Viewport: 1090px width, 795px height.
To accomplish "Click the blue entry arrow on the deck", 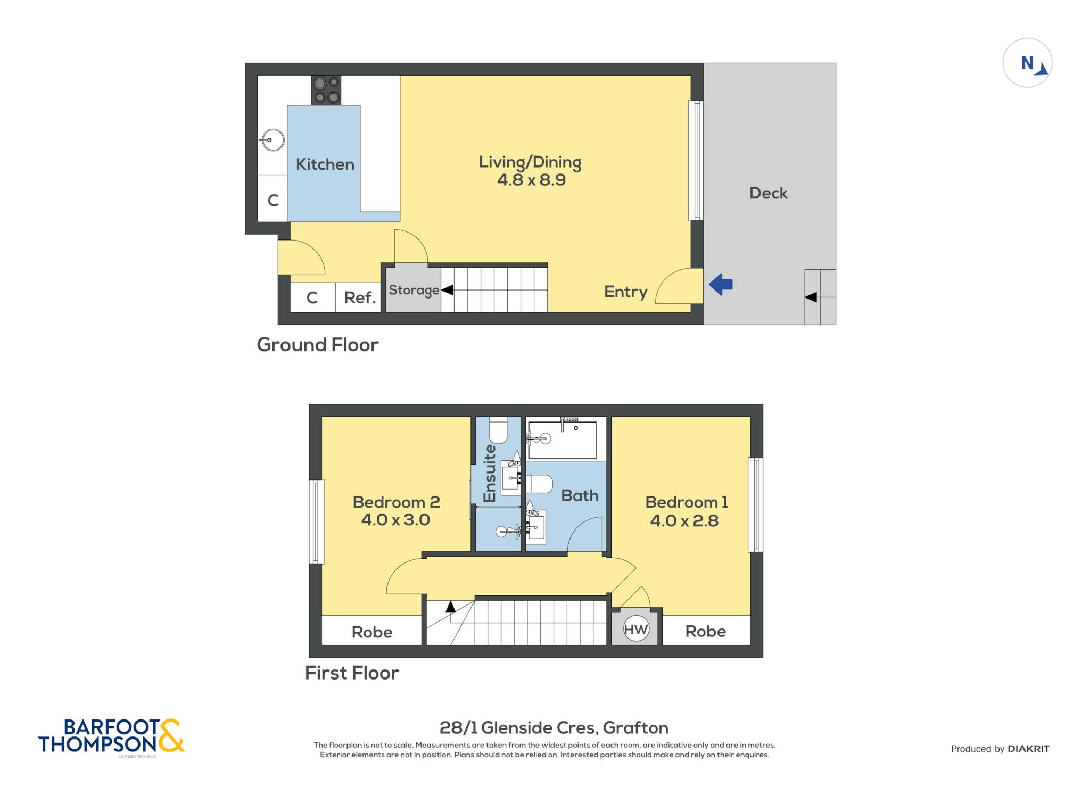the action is (721, 284).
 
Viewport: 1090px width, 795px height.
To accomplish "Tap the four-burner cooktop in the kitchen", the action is (326, 90).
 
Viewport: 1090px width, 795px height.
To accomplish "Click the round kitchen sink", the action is (272, 140).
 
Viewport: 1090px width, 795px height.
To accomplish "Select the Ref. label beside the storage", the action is (360, 297).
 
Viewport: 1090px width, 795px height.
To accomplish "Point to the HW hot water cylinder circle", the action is (636, 630).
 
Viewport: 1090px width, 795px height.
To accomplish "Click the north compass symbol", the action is (1027, 63).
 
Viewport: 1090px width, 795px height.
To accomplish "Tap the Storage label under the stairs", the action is (414, 290).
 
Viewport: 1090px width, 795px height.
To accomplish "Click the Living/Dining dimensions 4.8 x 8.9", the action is (531, 180).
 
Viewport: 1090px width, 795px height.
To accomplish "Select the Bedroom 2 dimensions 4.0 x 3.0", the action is (395, 519).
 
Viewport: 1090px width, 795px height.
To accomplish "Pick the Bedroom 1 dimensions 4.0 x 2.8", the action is (684, 520).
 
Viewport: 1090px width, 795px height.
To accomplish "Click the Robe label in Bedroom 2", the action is (372, 632).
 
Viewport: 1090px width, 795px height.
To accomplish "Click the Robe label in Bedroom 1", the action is (706, 631).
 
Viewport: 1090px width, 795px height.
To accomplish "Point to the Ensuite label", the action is (490, 474).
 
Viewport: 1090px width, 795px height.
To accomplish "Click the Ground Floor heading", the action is (318, 345).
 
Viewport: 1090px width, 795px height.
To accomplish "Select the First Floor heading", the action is (352, 673).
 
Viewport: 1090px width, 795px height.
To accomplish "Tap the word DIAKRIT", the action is (1028, 749).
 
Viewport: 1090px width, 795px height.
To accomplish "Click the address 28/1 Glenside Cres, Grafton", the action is (554, 727).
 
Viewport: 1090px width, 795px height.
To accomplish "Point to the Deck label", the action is (768, 193).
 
